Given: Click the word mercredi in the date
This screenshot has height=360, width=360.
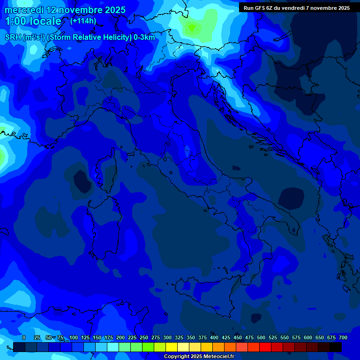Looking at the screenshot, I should pos(23,10).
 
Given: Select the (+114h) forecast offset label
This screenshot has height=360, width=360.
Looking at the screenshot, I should pos(83,21).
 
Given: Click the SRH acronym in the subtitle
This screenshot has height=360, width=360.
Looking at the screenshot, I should pos(13,37).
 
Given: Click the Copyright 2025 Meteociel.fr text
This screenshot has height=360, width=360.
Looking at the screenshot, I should pos(199,357).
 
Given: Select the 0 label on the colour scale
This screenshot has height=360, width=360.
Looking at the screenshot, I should pos(24,338).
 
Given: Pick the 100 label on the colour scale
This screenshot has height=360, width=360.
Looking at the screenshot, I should pos(74,338).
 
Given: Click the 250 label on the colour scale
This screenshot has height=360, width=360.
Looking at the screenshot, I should pos(144,338).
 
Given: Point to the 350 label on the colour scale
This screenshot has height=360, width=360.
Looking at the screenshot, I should pos(191,338).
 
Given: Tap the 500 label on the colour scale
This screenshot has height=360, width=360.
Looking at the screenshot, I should pos(261,338).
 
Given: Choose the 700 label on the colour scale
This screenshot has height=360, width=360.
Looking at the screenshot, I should pos(343,338).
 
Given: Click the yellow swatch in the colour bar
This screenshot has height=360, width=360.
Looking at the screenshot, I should pos(172,347).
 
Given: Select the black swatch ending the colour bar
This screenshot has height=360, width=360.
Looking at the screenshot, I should pos(336,347).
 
